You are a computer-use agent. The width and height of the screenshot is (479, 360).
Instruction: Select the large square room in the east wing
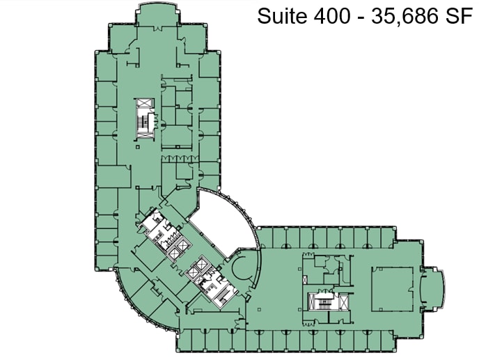point(393,289)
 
